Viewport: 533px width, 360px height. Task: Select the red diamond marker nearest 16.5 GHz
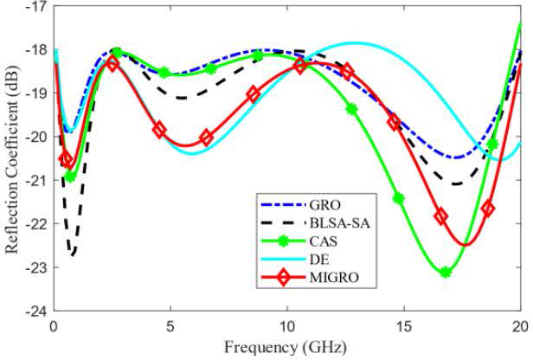(440, 216)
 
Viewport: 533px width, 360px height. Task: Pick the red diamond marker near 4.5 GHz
(159, 130)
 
